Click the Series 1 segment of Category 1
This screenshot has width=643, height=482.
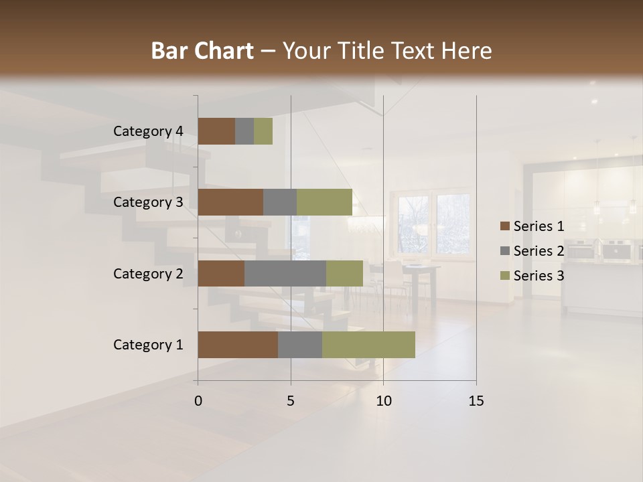238,345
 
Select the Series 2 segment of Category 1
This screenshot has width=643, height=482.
300,345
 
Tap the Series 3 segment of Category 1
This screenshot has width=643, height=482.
368,345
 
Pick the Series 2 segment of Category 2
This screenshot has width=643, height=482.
285,273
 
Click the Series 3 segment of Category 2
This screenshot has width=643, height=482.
344,273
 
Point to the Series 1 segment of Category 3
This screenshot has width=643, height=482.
230,202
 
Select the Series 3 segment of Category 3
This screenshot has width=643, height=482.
324,202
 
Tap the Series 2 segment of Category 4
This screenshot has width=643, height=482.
244,131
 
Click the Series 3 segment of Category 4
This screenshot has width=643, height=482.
263,131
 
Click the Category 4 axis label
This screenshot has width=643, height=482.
148,131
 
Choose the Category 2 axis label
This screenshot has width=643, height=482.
148,273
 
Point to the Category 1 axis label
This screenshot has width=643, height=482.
148,345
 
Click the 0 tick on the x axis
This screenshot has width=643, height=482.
198,401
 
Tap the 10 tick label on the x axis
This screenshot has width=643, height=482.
383,401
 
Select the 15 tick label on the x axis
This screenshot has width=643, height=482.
476,401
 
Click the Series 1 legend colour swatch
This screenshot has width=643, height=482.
504,226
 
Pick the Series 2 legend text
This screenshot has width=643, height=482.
539,251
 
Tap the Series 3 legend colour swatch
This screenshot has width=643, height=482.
504,276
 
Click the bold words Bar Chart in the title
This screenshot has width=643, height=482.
202,50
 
